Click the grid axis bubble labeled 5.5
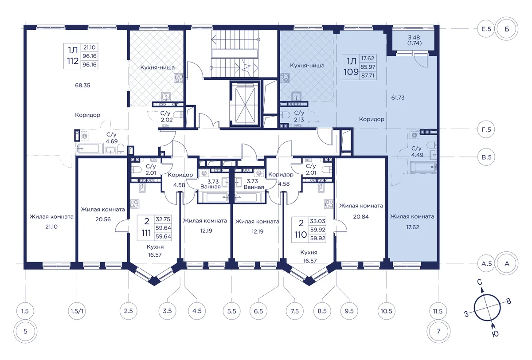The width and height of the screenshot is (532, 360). [x=231, y=311]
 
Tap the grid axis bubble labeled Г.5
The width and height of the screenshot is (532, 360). [x=486, y=129]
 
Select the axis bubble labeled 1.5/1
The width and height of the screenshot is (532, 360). [x=77, y=311]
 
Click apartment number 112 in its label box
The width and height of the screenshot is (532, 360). [x=73, y=61]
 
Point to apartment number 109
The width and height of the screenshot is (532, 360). [x=351, y=72]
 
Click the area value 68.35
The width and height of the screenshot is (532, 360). [x=82, y=86]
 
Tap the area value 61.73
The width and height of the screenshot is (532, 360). [x=398, y=98]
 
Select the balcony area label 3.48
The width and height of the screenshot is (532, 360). [x=414, y=38]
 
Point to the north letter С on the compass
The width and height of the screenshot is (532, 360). [x=480, y=282]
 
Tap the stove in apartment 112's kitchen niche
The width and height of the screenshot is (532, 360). [x=178, y=78]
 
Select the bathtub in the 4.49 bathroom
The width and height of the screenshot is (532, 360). [x=423, y=167]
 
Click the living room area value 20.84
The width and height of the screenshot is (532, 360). [x=361, y=216]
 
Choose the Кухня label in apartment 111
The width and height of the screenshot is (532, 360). [x=155, y=247]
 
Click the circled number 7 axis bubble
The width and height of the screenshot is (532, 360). [x=438, y=331]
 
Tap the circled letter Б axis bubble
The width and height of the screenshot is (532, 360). [x=507, y=29]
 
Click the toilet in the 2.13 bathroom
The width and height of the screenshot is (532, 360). [x=285, y=115]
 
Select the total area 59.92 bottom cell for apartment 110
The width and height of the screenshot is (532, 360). [x=317, y=238]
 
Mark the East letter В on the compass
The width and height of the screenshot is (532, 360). [x=509, y=301]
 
